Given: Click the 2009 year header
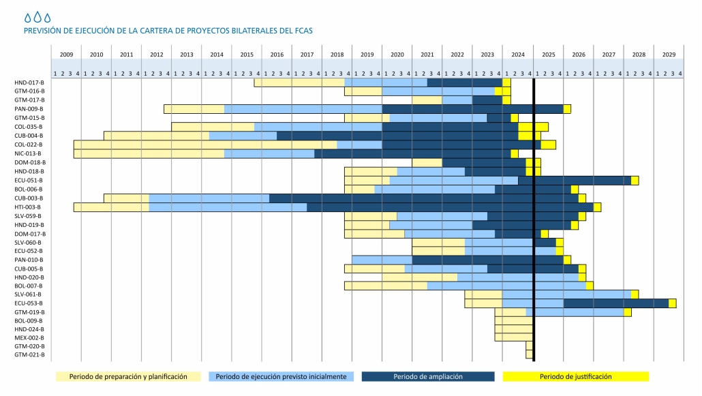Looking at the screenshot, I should click(66, 54).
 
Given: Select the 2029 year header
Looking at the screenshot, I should click(669, 54).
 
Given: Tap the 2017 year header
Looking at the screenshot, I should click(307, 54).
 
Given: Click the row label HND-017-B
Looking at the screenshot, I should click(29, 82).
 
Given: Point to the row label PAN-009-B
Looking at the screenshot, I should click(29, 109).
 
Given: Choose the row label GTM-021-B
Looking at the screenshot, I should click(29, 354).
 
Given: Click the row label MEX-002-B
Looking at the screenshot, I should click(29, 337).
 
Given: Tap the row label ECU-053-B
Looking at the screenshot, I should click(29, 303).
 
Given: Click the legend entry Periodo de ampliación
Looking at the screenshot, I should click(427, 376).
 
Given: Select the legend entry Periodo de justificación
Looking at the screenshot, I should click(575, 376).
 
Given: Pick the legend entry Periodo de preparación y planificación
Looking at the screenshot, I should click(127, 376).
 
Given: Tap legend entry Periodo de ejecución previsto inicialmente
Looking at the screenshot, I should click(280, 376).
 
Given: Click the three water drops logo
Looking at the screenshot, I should click(37, 17).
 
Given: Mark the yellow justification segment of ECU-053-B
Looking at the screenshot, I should click(672, 303).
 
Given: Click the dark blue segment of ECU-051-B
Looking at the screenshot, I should click(574, 180).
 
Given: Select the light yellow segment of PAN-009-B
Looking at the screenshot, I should click(194, 109).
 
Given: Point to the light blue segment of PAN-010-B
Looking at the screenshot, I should click(382, 260).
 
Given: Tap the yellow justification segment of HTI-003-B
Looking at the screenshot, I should click(597, 207).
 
